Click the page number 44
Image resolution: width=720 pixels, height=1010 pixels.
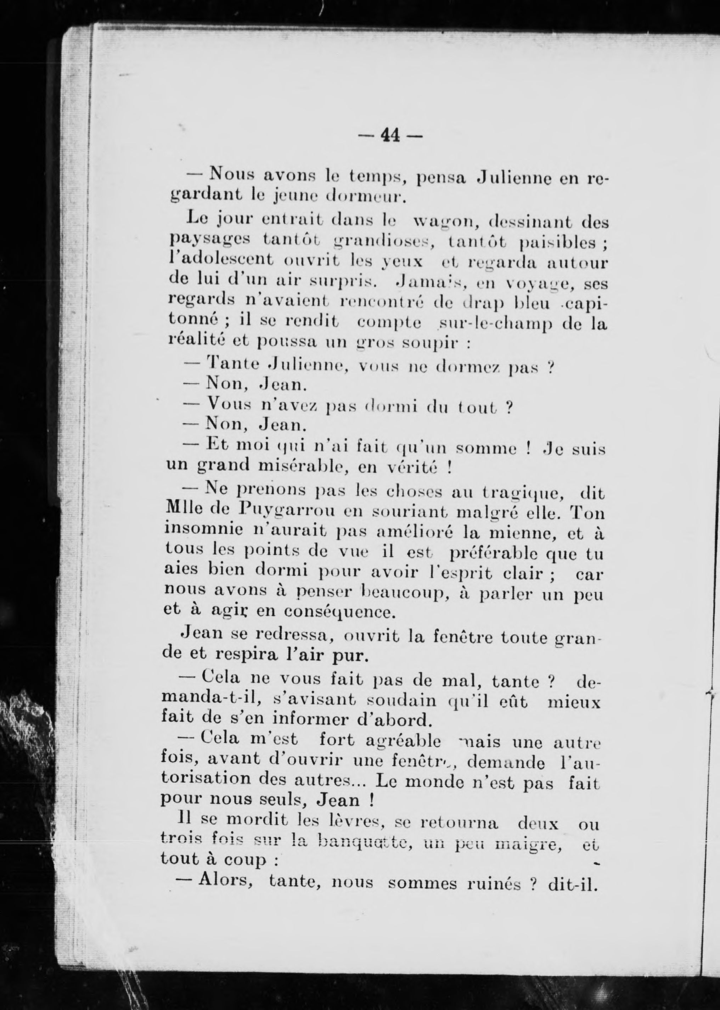pos(390,134)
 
